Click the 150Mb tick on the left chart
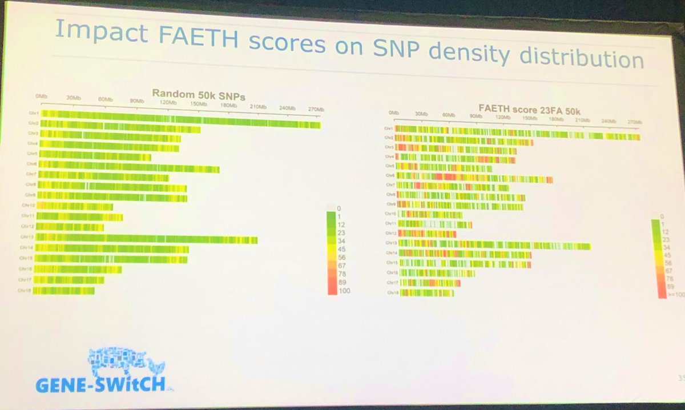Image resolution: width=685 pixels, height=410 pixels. pyautogui.click(x=198, y=104)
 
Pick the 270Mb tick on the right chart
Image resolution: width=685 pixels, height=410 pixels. pyautogui.click(x=634, y=122)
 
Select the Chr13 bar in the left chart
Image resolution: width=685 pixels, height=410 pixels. pyautogui.click(x=148, y=238)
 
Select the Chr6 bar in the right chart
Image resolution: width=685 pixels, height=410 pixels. pyautogui.click(x=474, y=178)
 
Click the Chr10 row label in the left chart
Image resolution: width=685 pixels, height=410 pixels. pyautogui.click(x=29, y=204)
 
